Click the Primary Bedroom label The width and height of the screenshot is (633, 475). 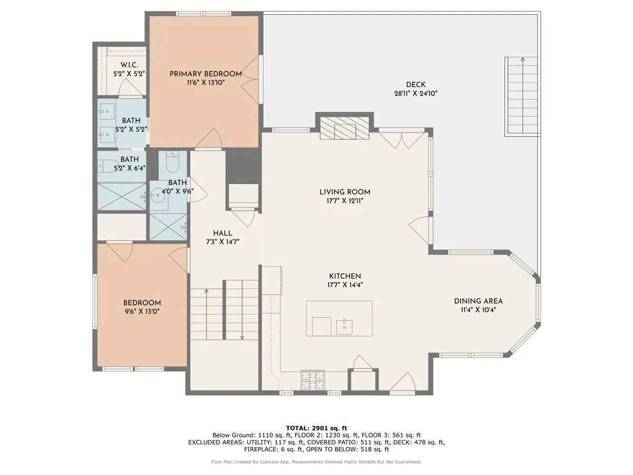[x=206, y=74]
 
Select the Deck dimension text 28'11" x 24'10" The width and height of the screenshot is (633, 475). [x=416, y=93]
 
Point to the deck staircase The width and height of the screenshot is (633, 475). [x=522, y=95]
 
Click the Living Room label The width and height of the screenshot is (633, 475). [x=344, y=192]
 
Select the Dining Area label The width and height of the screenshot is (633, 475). [x=478, y=301]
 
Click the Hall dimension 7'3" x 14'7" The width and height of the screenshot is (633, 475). [x=222, y=242]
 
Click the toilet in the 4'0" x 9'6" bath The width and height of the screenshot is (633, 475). [x=172, y=163]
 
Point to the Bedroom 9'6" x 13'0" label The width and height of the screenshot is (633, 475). [x=142, y=303]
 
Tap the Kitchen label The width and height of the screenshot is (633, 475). [x=344, y=276]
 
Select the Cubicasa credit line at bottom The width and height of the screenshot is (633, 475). [x=316, y=462]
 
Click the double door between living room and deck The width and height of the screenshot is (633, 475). [x=401, y=139]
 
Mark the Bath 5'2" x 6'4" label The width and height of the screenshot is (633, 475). [x=129, y=159]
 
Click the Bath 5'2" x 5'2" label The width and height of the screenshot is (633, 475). [x=131, y=121]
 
